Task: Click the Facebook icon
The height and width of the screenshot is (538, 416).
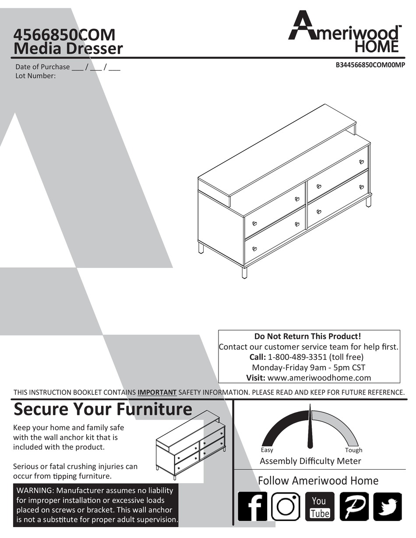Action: coord(252,506)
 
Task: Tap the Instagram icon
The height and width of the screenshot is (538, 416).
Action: coord(286,506)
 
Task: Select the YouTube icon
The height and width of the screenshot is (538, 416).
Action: coord(320,506)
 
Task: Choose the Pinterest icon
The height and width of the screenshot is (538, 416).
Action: coord(354,506)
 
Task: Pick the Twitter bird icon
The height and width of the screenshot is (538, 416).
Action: coord(387,506)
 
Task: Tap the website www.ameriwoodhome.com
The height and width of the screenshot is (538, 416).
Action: coord(319,378)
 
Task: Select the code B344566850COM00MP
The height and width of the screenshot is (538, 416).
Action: coord(370,65)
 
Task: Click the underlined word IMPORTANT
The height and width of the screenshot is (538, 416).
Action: coord(157,392)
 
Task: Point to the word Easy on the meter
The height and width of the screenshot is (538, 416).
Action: coord(267,450)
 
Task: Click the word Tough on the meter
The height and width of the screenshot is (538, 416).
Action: coord(353,450)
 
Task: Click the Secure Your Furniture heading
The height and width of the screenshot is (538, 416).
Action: coord(103,409)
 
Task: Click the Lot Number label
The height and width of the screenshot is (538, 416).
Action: coord(35,76)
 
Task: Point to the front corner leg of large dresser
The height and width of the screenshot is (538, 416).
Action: coord(244,273)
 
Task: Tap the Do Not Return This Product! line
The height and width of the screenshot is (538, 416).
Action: coord(309,336)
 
